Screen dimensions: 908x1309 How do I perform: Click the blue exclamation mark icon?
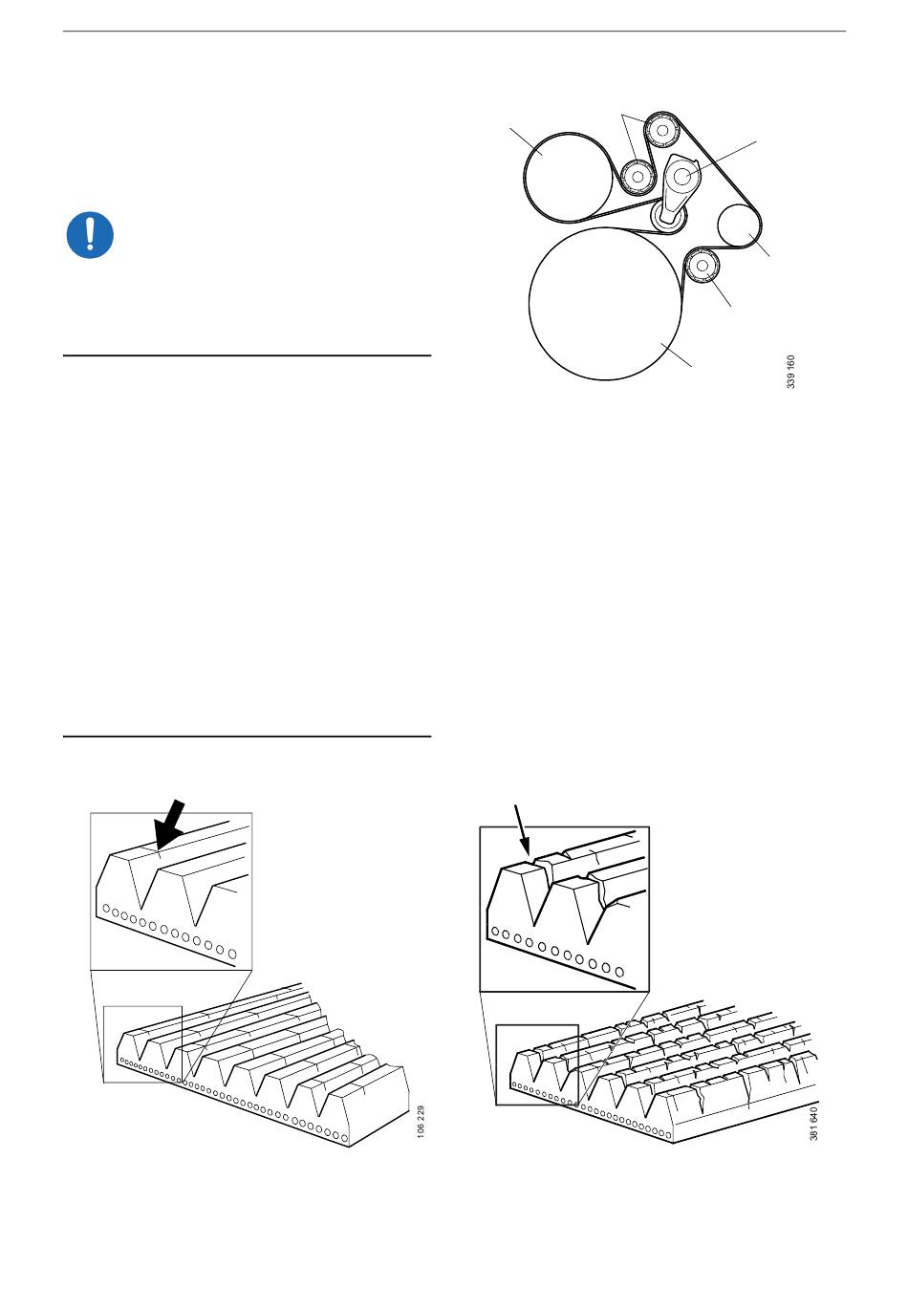(90, 234)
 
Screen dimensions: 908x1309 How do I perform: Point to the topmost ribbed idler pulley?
(661, 130)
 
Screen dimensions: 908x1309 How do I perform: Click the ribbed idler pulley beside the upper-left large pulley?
(638, 176)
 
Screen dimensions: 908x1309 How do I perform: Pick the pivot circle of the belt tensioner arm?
(682, 174)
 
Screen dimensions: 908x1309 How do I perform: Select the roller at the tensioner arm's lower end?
(668, 217)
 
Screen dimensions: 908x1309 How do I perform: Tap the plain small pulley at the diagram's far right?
(739, 226)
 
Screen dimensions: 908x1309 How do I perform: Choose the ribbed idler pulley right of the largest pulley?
(703, 266)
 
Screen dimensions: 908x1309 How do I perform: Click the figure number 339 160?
(790, 372)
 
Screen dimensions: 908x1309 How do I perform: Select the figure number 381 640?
(813, 1123)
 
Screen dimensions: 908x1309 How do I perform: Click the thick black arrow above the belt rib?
(169, 825)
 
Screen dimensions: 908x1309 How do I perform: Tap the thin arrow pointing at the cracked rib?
(522, 830)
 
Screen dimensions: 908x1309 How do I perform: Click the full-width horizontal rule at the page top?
(454, 31)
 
